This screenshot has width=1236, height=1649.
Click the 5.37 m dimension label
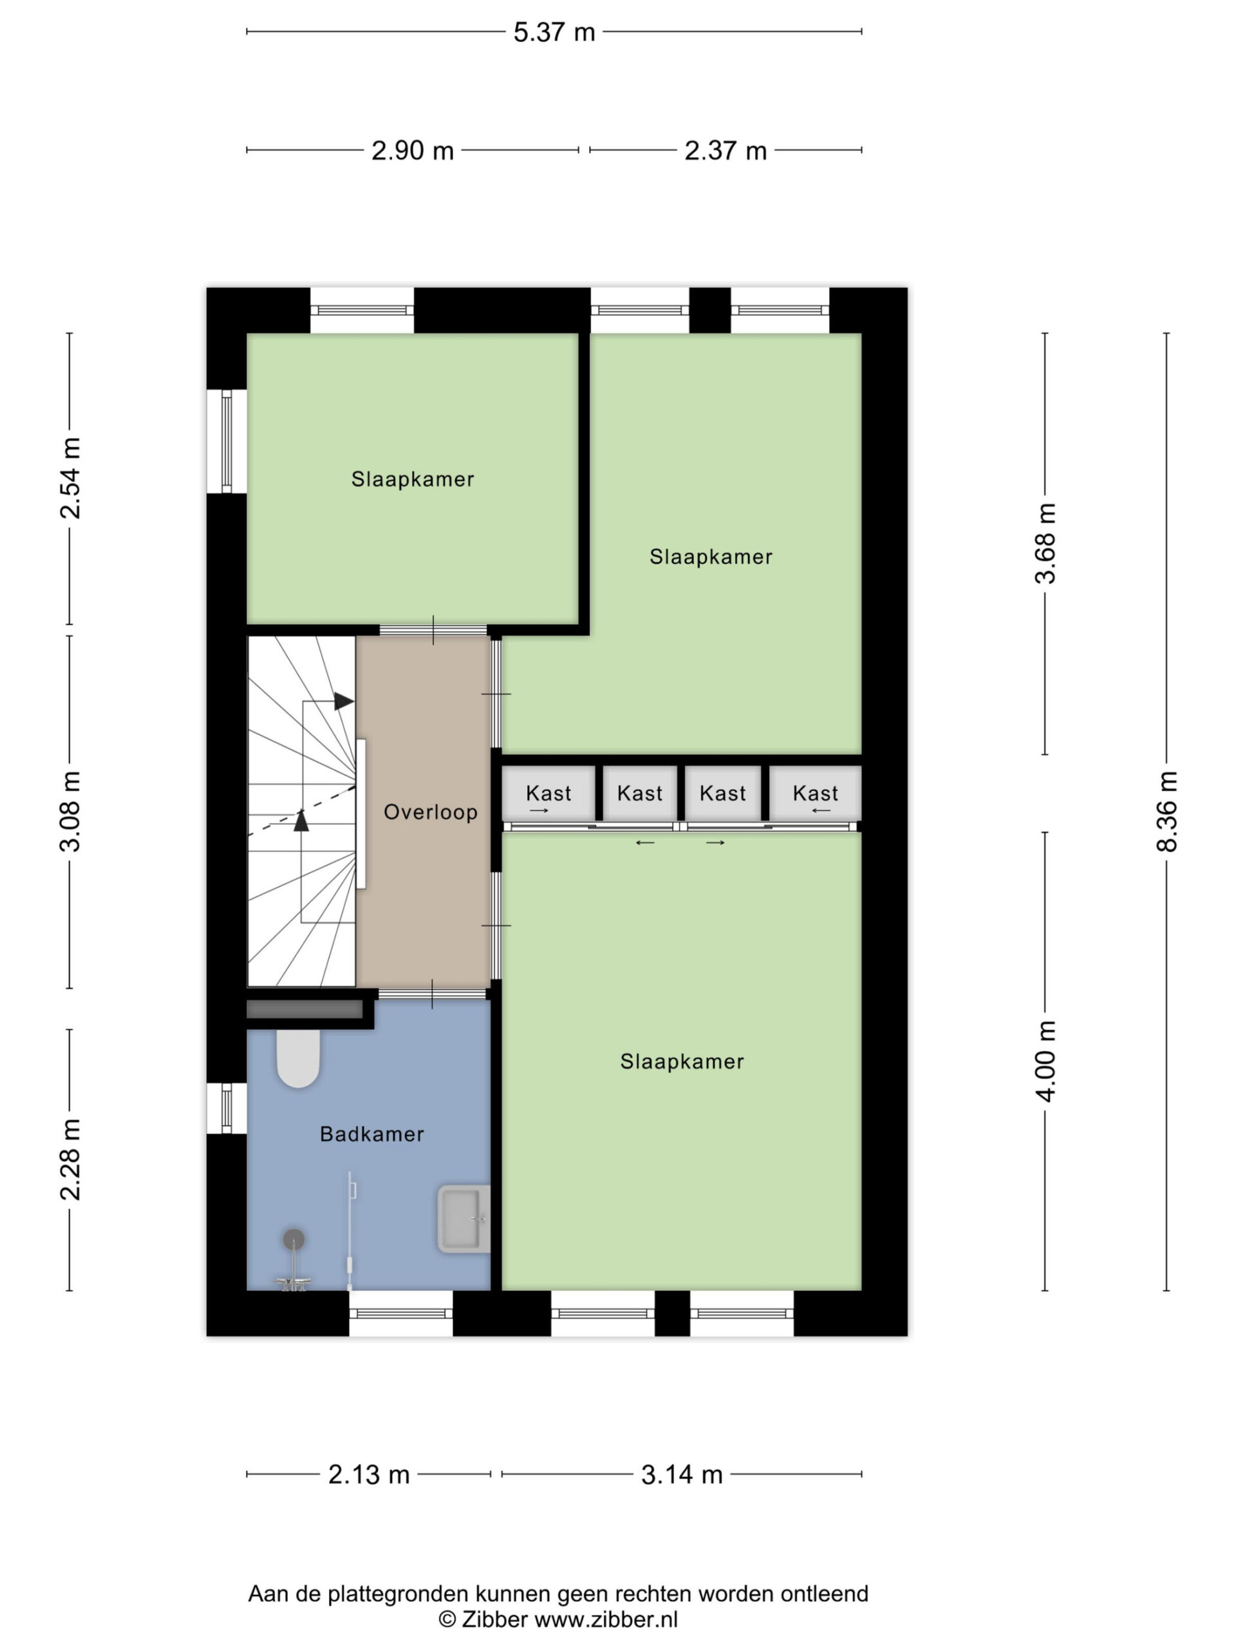[554, 32]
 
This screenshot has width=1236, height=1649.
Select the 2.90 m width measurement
[412, 151]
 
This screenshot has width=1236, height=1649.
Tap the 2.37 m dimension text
[725, 151]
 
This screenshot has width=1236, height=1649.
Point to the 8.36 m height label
[1166, 811]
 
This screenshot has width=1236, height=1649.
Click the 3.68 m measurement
[1045, 543]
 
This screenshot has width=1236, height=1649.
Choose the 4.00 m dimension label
[1045, 1060]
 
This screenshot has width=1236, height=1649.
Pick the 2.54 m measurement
[70, 478]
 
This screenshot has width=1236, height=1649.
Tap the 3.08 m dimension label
[70, 811]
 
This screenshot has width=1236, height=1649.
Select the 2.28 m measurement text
[70, 1159]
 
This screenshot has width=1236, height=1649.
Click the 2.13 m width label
[369, 1474]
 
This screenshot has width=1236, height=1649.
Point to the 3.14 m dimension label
[682, 1474]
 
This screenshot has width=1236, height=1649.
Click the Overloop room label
[431, 812]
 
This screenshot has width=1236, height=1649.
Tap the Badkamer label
[372, 1134]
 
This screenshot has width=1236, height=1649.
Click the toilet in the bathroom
[298, 1058]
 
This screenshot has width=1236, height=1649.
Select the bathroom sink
[464, 1218]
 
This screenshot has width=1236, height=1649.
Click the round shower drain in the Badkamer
[294, 1239]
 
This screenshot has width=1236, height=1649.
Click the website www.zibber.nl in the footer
[606, 1619]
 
